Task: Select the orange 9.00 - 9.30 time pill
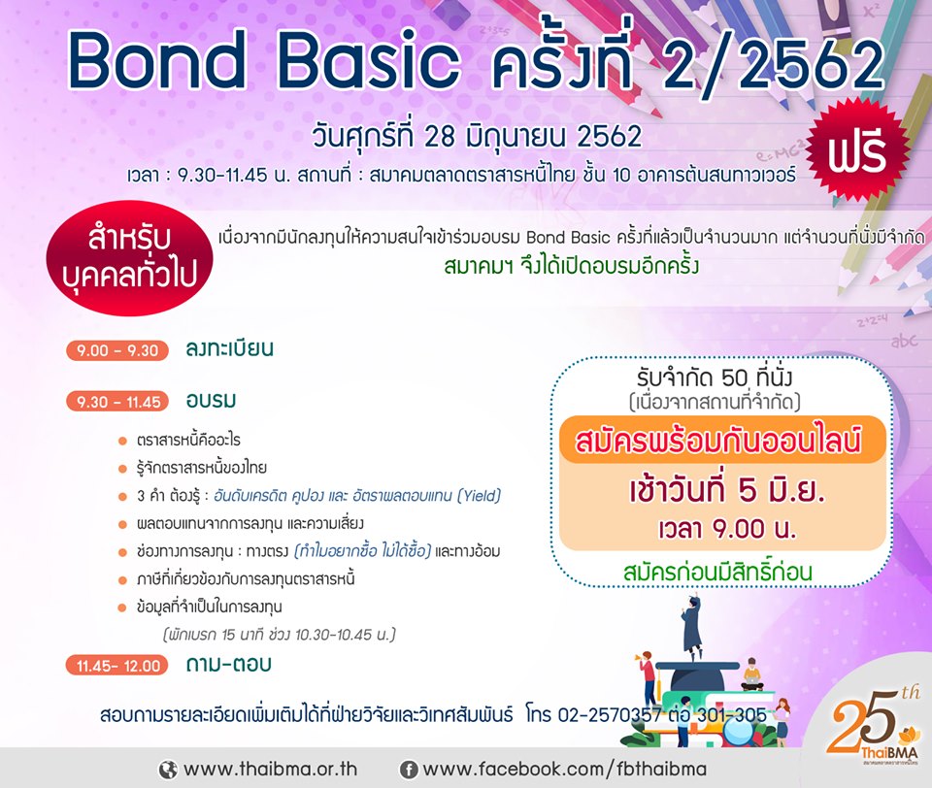click(117, 350)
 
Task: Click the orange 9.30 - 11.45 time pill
click(117, 403)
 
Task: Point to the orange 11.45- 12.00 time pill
click(117, 666)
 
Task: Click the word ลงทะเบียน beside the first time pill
click(229, 348)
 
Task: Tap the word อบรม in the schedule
click(211, 401)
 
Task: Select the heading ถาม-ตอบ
click(229, 664)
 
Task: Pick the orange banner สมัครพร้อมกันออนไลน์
click(722, 441)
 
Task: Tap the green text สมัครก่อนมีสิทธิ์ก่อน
click(718, 571)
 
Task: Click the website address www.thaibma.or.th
click(271, 769)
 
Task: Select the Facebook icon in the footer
click(408, 771)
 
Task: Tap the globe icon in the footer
click(168, 771)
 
